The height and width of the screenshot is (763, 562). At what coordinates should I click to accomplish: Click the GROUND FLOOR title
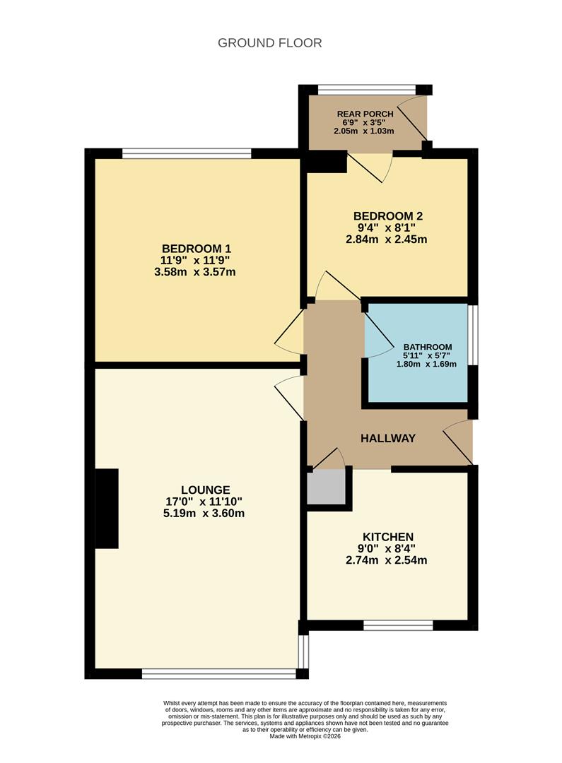269,43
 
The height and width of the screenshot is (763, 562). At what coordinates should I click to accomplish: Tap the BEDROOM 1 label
197,249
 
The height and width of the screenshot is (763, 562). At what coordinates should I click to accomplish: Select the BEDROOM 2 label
387,215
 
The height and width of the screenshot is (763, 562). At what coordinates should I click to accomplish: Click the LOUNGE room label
205,490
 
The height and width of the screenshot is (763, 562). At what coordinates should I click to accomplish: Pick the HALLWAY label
388,438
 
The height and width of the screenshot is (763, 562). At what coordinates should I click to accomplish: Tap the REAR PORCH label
365,114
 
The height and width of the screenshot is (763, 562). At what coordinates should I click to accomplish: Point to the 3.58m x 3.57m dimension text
195,272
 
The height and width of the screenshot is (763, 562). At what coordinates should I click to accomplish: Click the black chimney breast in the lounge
107,509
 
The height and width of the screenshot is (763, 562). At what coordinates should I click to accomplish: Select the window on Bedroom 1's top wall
187,153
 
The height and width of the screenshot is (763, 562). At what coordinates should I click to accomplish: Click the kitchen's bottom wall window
399,625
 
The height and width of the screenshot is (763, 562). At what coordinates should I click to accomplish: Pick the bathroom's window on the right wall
474,335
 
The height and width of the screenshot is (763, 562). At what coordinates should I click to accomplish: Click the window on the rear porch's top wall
366,90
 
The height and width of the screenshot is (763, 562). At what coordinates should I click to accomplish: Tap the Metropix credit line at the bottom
305,736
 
